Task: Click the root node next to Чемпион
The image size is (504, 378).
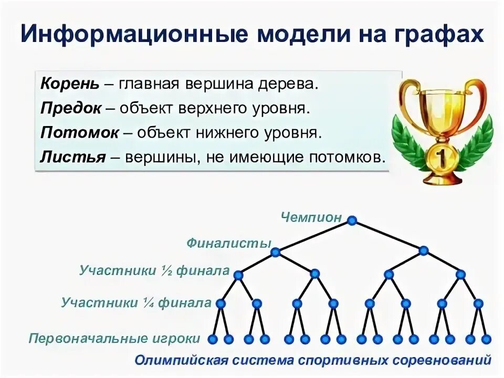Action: (352, 220)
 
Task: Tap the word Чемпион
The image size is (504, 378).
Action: (311, 217)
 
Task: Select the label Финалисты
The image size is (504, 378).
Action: (229, 244)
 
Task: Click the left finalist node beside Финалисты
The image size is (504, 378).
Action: (276, 252)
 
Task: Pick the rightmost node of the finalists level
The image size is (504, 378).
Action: (424, 251)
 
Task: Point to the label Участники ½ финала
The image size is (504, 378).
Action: (154, 271)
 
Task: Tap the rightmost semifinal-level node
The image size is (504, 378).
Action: (460, 274)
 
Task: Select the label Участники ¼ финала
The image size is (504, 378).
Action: (136, 302)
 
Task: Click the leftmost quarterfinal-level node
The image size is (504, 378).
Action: (220, 303)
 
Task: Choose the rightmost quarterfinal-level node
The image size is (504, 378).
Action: (478, 303)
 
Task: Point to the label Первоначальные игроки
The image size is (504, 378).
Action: (115, 338)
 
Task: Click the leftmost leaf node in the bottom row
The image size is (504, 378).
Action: (212, 339)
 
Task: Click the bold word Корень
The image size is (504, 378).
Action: (62, 84)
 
